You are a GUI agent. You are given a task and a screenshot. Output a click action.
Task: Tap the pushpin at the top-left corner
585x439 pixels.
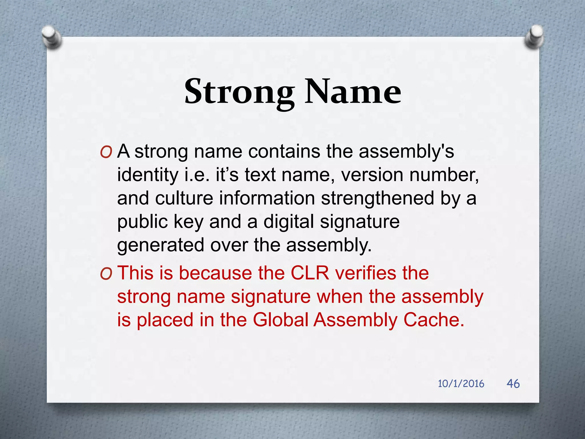[51, 37]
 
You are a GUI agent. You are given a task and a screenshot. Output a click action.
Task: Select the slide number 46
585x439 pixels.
[513, 384]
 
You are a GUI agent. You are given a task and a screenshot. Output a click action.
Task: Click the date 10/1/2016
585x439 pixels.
[461, 384]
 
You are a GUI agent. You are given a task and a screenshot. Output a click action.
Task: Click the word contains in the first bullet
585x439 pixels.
[284, 151]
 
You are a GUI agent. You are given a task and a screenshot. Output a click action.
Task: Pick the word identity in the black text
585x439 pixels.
[148, 175]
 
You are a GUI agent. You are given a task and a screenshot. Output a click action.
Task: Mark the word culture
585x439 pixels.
[184, 198]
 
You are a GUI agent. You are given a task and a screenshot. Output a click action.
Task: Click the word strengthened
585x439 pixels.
[378, 198]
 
